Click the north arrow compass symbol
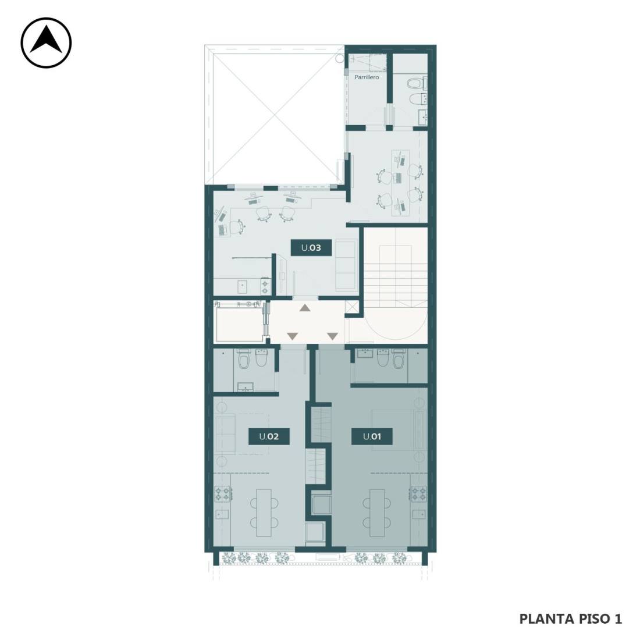pyautogui.click(x=46, y=42)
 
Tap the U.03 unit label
pyautogui.click(x=311, y=248)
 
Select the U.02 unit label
pyautogui.click(x=269, y=436)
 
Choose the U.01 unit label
pyautogui.click(x=372, y=436)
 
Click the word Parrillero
pyautogui.click(x=367, y=77)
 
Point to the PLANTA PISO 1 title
pyautogui.click(x=570, y=619)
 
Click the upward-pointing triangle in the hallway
pyautogui.click(x=305, y=308)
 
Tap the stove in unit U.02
pyautogui.click(x=223, y=494)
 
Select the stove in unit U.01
pyautogui.click(x=418, y=493)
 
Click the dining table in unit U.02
pyautogui.click(x=264, y=513)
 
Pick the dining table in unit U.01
pyautogui.click(x=377, y=513)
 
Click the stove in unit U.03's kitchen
pyautogui.click(x=265, y=286)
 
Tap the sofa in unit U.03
pyautogui.click(x=345, y=265)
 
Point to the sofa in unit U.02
pyautogui.click(x=225, y=433)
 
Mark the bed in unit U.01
pyautogui.click(x=399, y=430)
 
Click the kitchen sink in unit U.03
pyautogui.click(x=243, y=287)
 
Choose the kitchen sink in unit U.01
pyautogui.click(x=418, y=514)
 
